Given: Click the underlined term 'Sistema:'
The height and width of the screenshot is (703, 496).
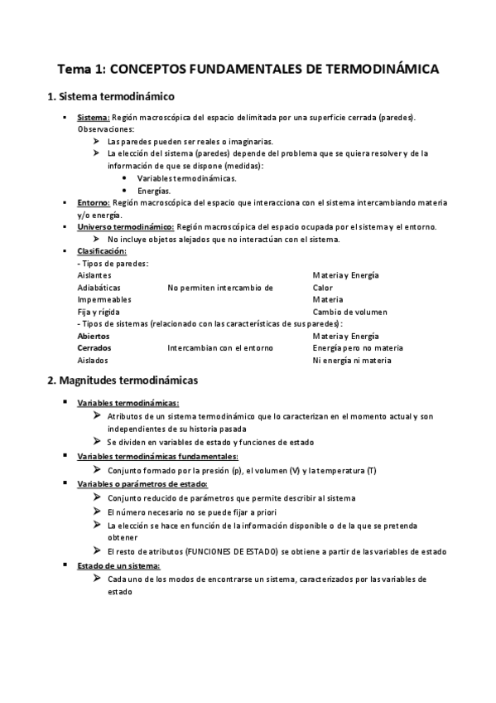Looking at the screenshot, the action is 94,119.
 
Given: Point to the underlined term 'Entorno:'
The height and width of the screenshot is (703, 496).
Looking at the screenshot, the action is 94,202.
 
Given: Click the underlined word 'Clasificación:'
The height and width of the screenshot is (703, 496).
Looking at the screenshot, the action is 102,250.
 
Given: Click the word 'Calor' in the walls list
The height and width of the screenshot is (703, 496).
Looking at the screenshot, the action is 322,288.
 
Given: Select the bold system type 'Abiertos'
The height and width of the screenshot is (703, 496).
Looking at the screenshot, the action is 93,337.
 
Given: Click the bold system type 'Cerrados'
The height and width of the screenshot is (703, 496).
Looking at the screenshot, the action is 94,348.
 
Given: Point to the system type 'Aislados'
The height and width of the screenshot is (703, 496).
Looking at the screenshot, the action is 92,361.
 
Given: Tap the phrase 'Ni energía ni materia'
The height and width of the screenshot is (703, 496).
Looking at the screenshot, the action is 352,361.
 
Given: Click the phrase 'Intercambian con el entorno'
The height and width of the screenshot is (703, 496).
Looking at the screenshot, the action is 219,348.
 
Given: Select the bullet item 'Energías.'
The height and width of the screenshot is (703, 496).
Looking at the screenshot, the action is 154,190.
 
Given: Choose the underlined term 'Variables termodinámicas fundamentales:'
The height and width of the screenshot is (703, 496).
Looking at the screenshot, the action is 157,456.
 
